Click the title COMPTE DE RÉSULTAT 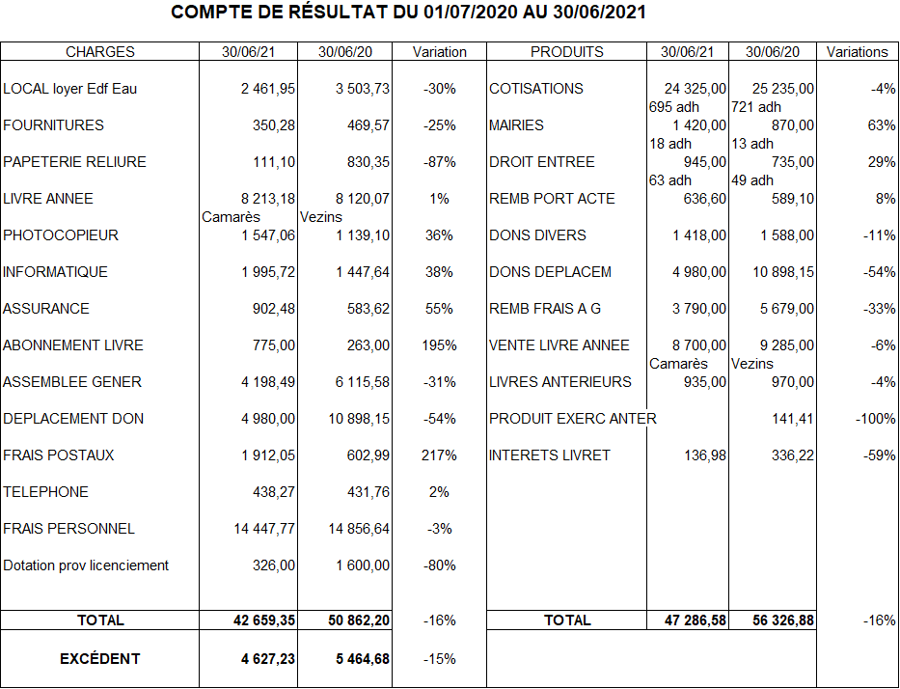pyautogui.click(x=408, y=14)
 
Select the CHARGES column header pyautogui.click(x=100, y=52)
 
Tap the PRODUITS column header pyautogui.click(x=567, y=52)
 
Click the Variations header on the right pyautogui.click(x=858, y=52)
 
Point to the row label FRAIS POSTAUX pyautogui.click(x=59, y=455)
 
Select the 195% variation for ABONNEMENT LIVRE pyautogui.click(x=439, y=345)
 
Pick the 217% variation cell pyautogui.click(x=439, y=455)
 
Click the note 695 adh pyautogui.click(x=674, y=107)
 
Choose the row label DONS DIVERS pyautogui.click(x=537, y=235)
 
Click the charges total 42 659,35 pyautogui.click(x=264, y=620)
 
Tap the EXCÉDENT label pyautogui.click(x=100, y=659)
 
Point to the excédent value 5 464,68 pyautogui.click(x=358, y=659)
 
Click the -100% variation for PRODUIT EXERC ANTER pyautogui.click(x=875, y=419)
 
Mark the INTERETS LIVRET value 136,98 pyautogui.click(x=705, y=455)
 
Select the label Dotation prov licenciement pyautogui.click(x=86, y=565)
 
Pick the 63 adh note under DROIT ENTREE pyautogui.click(x=670, y=180)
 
